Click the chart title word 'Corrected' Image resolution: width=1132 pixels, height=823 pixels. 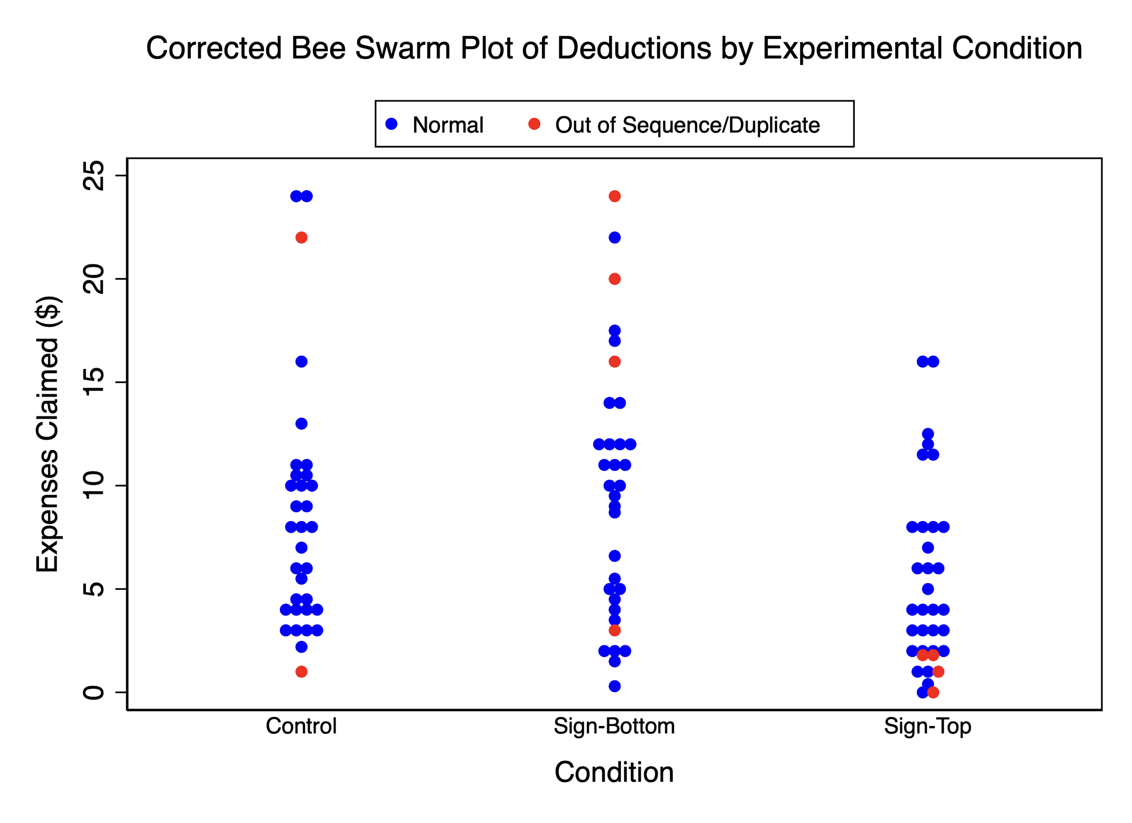point(214,48)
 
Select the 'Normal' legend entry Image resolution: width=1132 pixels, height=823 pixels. point(448,125)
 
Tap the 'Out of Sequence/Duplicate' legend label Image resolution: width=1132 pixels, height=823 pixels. point(687,125)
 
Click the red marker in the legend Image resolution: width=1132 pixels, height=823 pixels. point(534,124)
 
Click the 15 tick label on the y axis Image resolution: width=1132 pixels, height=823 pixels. point(94,383)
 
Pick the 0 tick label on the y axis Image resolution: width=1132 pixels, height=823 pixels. point(94,692)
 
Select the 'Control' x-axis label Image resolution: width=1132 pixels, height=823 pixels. point(301,726)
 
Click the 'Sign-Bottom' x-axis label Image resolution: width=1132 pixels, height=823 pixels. point(614,726)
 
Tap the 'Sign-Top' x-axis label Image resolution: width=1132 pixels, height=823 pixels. point(927,726)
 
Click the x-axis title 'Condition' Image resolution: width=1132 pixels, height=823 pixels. point(614,773)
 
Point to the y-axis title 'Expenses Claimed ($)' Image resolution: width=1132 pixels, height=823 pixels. point(48,434)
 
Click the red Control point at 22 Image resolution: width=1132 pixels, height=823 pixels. point(302,238)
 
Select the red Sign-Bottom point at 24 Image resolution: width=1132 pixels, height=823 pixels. point(614,196)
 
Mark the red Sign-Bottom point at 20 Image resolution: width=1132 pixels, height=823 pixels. point(614,279)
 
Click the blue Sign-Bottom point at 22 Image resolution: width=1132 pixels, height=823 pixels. point(614,238)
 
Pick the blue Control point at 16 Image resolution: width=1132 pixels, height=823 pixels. point(302,361)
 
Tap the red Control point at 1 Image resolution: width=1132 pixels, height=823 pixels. point(302,672)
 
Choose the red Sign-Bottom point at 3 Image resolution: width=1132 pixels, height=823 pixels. point(614,630)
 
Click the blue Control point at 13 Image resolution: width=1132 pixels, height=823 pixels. point(302,424)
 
